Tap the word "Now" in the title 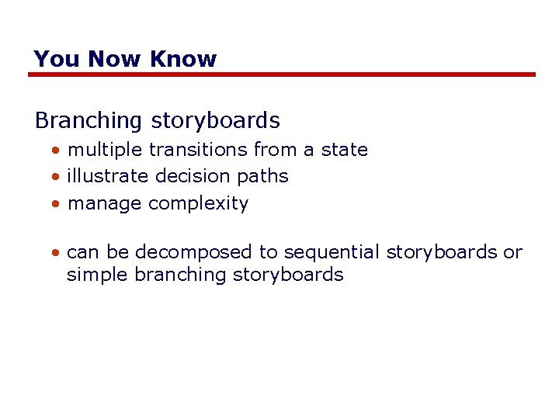115,59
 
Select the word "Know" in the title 183,59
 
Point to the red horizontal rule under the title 282,74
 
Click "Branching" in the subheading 89,121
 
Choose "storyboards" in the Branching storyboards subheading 215,121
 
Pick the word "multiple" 105,150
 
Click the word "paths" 262,177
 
